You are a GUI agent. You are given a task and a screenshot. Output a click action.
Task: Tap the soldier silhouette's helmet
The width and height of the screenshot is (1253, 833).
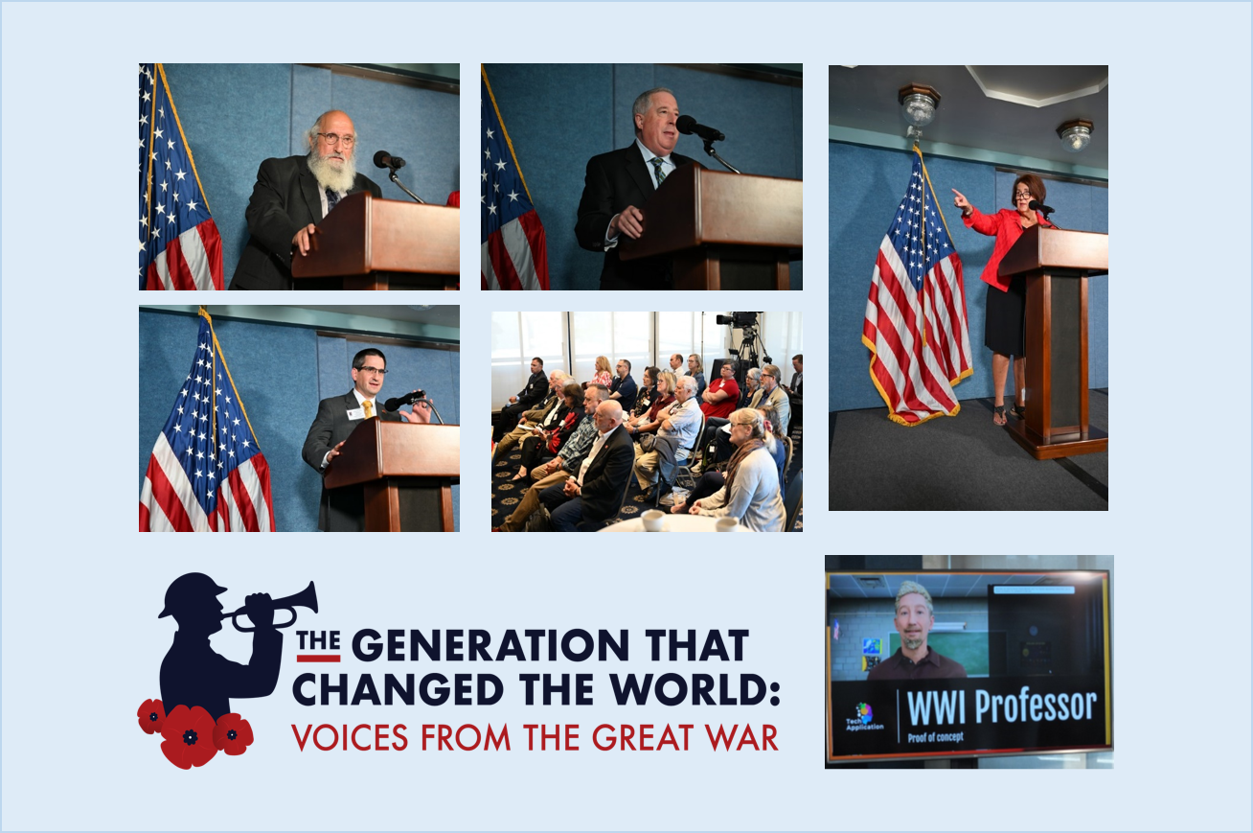(192, 593)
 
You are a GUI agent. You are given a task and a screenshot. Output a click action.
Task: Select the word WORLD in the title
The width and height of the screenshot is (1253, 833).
(689, 688)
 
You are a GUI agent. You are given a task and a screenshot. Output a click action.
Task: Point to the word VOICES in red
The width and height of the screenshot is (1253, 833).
(351, 737)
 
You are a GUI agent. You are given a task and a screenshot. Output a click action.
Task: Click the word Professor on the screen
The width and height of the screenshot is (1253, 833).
(1035, 706)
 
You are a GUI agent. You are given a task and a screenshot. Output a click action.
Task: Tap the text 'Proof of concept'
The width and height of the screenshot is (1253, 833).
(935, 737)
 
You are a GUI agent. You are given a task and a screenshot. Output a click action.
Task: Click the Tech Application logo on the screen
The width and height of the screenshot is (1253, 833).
(864, 717)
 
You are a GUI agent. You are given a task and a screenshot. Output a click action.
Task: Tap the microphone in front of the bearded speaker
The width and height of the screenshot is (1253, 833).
(389, 160)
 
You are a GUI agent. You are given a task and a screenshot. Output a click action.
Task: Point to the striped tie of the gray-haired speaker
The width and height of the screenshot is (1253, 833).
(658, 170)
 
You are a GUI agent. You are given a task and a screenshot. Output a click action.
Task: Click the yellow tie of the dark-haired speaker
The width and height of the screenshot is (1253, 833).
(367, 408)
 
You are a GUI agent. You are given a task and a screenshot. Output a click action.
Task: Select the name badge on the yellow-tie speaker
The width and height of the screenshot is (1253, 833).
(354, 415)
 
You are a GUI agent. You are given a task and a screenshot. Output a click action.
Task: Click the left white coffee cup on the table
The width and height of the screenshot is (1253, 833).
(652, 521)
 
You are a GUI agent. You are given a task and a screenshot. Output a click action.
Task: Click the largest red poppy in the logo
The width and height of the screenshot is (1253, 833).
(189, 735)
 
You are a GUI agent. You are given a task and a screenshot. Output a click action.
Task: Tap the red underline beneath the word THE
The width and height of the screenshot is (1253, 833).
(318, 658)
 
